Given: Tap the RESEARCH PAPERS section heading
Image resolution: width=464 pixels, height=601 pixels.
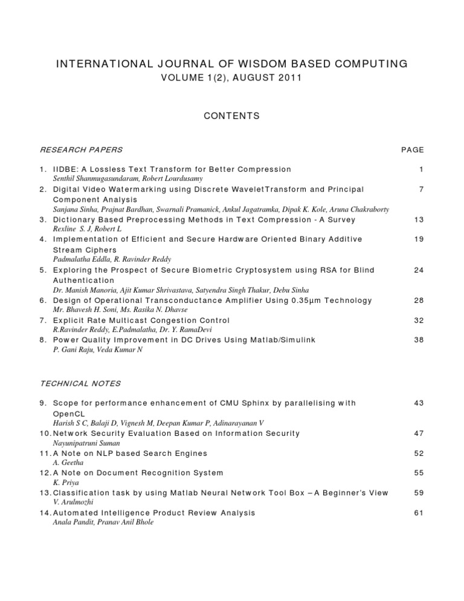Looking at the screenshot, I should (x=81, y=150).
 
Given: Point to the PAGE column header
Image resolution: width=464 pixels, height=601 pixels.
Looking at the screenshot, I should (x=413, y=150).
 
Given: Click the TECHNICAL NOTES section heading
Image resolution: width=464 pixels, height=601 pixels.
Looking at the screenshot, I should (x=80, y=383).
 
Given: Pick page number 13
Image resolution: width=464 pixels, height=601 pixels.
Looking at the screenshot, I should (x=418, y=219).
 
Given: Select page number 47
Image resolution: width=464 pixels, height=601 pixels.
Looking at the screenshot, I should (x=418, y=434).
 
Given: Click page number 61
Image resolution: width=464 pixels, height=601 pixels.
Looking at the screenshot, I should (x=418, y=513).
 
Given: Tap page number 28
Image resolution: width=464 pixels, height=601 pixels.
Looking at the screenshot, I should (x=418, y=300).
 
